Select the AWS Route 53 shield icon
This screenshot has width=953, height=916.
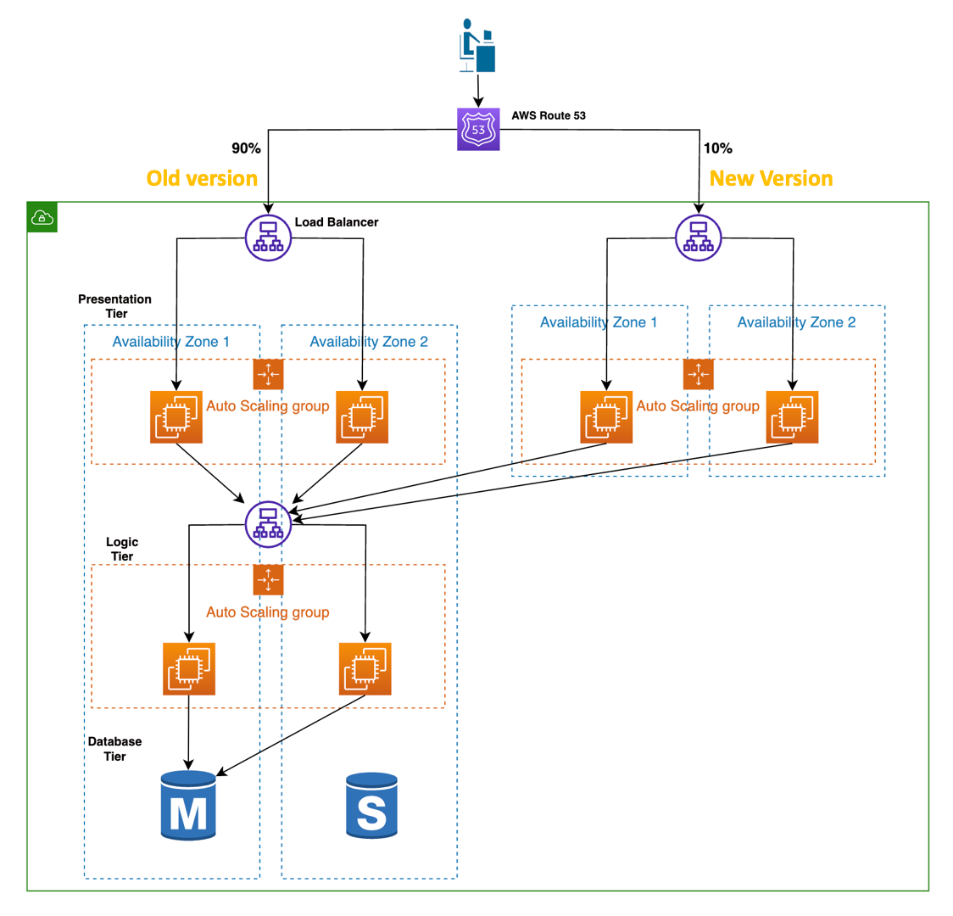(478, 130)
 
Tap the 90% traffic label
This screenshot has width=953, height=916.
(246, 148)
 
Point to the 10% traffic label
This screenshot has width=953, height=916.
(717, 148)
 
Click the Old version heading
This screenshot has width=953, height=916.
(202, 178)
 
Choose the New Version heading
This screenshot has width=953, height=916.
(771, 178)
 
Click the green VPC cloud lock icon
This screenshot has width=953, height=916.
(42, 217)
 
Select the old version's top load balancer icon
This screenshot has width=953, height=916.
(268, 238)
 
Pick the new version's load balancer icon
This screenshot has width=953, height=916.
(698, 238)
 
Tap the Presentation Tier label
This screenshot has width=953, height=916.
(114, 306)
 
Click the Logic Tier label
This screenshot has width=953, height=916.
(122, 549)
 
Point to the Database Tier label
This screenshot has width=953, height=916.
(114, 749)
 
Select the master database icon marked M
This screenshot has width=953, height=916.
(188, 806)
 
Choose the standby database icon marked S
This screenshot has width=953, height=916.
(371, 806)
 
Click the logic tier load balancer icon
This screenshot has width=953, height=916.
(268, 525)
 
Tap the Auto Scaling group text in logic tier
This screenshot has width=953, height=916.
(268, 612)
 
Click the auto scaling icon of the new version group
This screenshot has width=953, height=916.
(698, 374)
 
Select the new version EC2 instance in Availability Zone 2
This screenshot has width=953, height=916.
(792, 416)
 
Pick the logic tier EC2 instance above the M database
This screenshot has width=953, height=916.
(189, 669)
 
